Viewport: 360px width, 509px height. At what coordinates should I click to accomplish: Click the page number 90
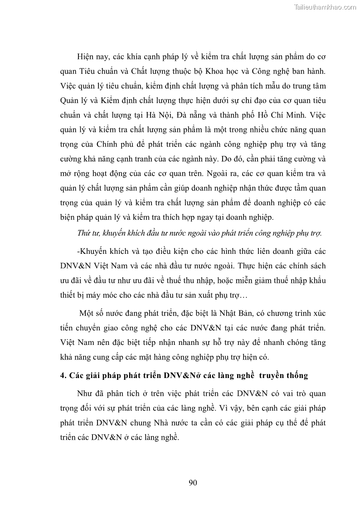tap(193, 483)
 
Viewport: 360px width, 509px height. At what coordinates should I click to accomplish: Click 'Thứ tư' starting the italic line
tap(87, 233)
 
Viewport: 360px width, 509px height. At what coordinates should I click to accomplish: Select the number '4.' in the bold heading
tap(63, 375)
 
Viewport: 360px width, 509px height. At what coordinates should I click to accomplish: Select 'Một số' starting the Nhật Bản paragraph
tap(90, 313)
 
